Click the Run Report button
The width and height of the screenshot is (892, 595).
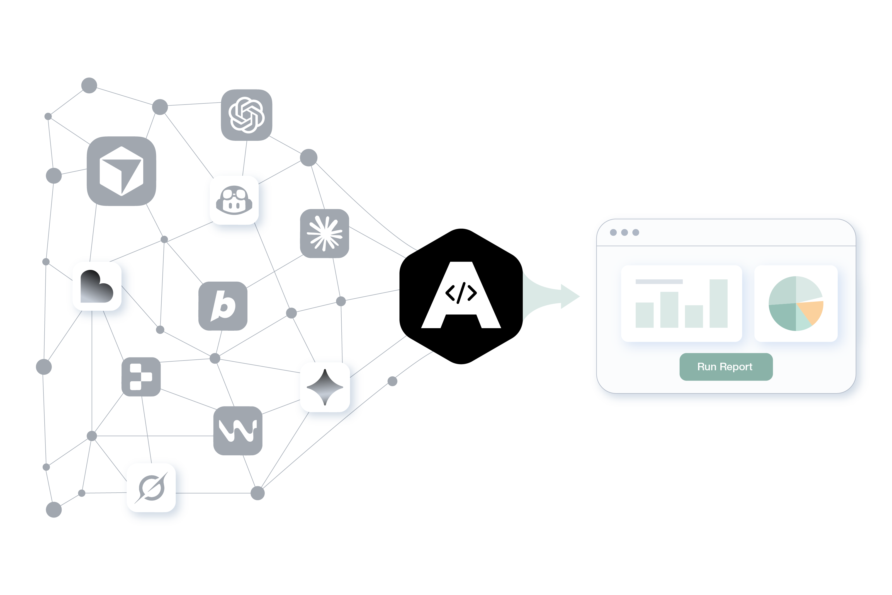pyautogui.click(x=726, y=367)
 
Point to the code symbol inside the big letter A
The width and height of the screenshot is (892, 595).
pyautogui.click(x=461, y=293)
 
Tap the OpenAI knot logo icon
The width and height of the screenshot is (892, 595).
pyautogui.click(x=247, y=115)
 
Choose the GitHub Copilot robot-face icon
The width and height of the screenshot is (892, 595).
pyautogui.click(x=234, y=200)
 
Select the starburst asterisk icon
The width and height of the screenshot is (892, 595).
pyautogui.click(x=324, y=233)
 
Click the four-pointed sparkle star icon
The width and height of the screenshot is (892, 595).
pyautogui.click(x=325, y=387)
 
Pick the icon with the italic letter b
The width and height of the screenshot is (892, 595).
pyautogui.click(x=223, y=306)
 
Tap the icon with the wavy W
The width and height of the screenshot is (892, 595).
pyautogui.click(x=238, y=431)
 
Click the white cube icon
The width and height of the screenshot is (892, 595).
pyautogui.click(x=121, y=171)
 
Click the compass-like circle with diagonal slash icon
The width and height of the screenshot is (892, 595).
pyautogui.click(x=151, y=488)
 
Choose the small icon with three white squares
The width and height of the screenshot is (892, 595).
pyautogui.click(x=141, y=377)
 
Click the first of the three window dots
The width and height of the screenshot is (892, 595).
pyautogui.click(x=613, y=232)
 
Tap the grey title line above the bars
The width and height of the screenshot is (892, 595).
pyautogui.click(x=659, y=282)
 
